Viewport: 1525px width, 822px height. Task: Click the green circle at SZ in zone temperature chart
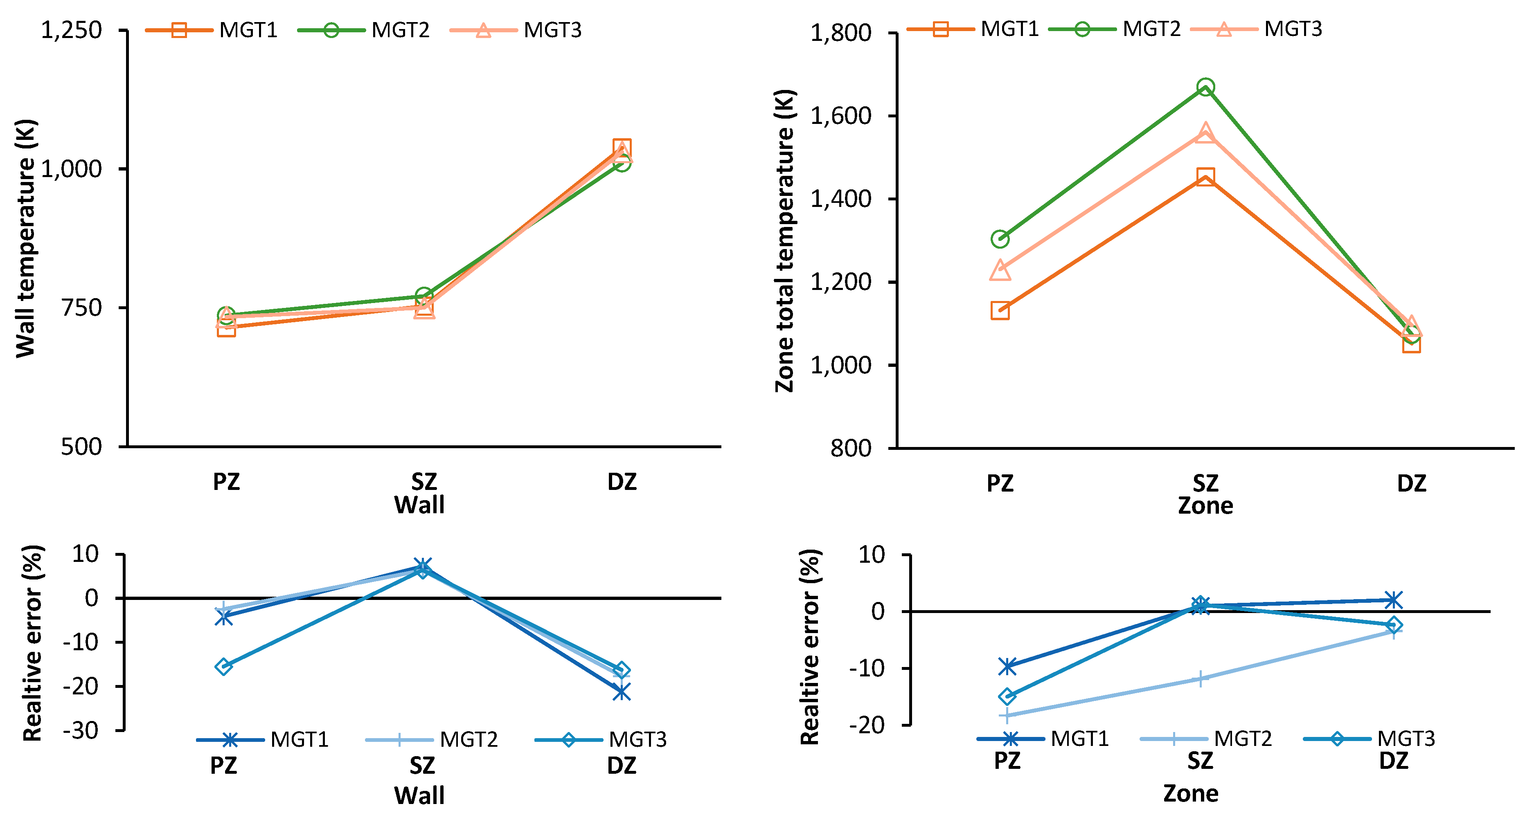tap(1205, 88)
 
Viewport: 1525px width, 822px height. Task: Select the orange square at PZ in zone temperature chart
tap(1000, 310)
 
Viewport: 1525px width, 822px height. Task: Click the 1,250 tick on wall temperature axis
tap(71, 29)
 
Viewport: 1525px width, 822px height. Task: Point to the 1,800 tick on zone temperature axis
tap(840, 33)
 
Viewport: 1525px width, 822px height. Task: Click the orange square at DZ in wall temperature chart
tap(622, 148)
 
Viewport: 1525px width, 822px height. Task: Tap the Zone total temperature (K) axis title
tap(785, 240)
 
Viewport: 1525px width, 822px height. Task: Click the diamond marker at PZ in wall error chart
tap(223, 666)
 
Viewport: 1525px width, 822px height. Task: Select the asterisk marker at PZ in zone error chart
tap(1007, 666)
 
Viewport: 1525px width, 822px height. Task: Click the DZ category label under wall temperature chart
tap(622, 482)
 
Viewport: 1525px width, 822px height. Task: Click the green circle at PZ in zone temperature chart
tap(1000, 239)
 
